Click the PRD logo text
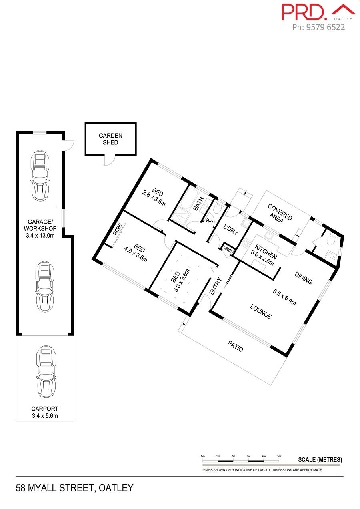pyautogui.click(x=304, y=12)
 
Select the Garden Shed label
pyautogui.click(x=110, y=139)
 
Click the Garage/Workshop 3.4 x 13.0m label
pyautogui.click(x=40, y=228)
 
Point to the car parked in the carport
pyautogui.click(x=46, y=372)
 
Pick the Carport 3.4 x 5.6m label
pyautogui.click(x=45, y=412)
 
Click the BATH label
pyautogui.click(x=198, y=204)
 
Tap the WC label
pyautogui.click(x=209, y=221)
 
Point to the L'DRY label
pyautogui.click(x=231, y=229)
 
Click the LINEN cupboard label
pyautogui.click(x=228, y=249)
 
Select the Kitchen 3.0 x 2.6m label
pyautogui.click(x=264, y=255)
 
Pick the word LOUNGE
pyautogui.click(x=261, y=312)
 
